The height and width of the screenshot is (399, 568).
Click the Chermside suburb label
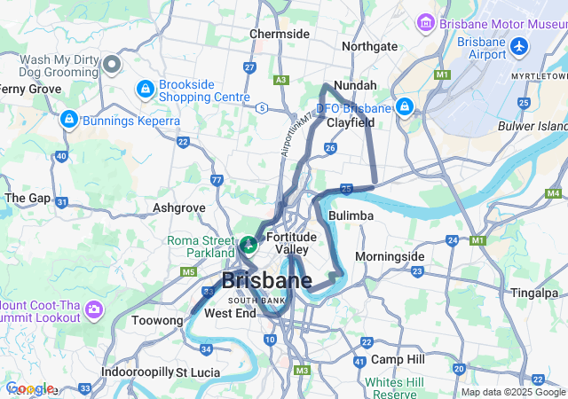[280, 34]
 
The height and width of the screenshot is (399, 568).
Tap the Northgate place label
[369, 46]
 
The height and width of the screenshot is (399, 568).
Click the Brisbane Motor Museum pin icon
[425, 20]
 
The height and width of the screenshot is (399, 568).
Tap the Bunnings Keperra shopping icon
[68, 119]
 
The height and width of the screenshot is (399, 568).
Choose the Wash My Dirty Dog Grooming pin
[111, 64]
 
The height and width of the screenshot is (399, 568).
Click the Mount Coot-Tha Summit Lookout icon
[94, 310]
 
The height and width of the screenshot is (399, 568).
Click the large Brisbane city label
[266, 282]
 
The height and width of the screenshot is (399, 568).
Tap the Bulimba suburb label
[343, 215]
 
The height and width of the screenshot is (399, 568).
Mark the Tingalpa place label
[534, 293]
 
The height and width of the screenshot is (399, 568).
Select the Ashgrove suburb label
[179, 207]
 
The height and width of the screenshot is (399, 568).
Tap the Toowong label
[156, 320]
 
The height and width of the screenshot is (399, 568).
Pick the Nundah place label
[356, 85]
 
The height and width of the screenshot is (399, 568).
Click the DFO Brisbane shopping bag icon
[405, 106]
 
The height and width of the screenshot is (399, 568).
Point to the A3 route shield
[281, 80]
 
